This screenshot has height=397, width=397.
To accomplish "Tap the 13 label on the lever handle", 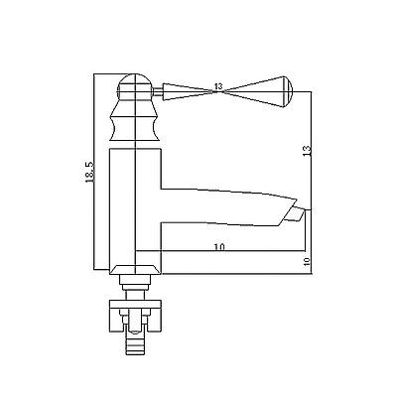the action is (218, 86).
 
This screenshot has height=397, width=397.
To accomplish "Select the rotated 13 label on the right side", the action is (307, 150).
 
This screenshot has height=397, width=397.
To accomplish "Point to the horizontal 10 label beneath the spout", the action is (219, 246).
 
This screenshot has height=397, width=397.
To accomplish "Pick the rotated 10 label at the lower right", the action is (307, 261).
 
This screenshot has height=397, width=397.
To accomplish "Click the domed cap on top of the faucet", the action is (136, 86).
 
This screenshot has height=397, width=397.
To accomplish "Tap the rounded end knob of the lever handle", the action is (287, 91).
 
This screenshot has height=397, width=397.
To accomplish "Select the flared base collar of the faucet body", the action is (136, 269).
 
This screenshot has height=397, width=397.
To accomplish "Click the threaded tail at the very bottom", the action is (135, 345).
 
